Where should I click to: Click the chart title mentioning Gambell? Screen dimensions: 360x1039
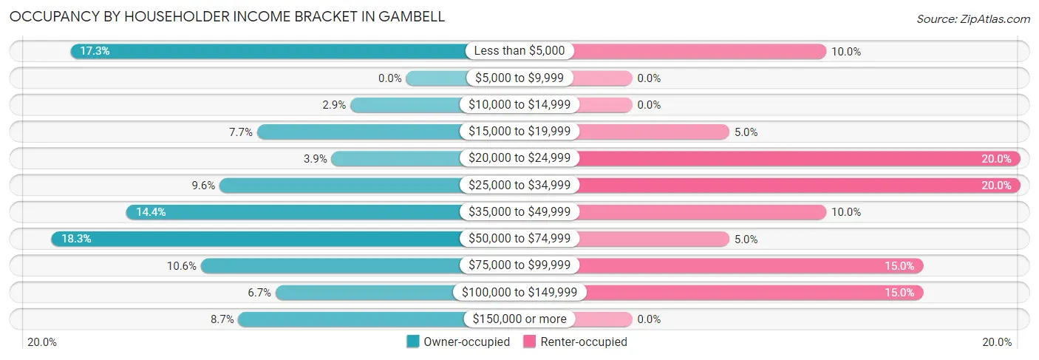[228, 16]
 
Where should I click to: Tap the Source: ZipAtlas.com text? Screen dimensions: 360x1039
[972, 18]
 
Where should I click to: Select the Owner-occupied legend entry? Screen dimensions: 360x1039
[458, 342]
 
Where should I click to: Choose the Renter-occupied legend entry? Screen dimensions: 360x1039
[575, 342]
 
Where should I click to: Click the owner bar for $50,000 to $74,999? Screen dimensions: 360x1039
[259, 239]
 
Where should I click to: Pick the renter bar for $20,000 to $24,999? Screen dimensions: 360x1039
[798, 159]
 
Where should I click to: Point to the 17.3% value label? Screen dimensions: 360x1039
[95, 52]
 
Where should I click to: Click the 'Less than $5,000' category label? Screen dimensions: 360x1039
[519, 51]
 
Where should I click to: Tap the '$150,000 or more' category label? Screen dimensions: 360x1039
[519, 319]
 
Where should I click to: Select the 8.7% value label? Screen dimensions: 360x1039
[222, 319]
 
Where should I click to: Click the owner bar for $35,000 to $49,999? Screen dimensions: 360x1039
[296, 212]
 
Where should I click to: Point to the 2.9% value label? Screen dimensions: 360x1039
[334, 105]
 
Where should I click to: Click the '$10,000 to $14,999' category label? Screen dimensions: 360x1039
[519, 105]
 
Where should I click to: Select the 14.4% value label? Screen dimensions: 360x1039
[151, 212]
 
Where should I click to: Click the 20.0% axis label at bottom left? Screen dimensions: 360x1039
[42, 342]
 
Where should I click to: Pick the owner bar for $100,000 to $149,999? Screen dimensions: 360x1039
[366, 293]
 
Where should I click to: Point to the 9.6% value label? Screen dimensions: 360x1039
[202, 186]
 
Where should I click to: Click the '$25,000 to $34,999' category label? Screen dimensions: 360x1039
[519, 186]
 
